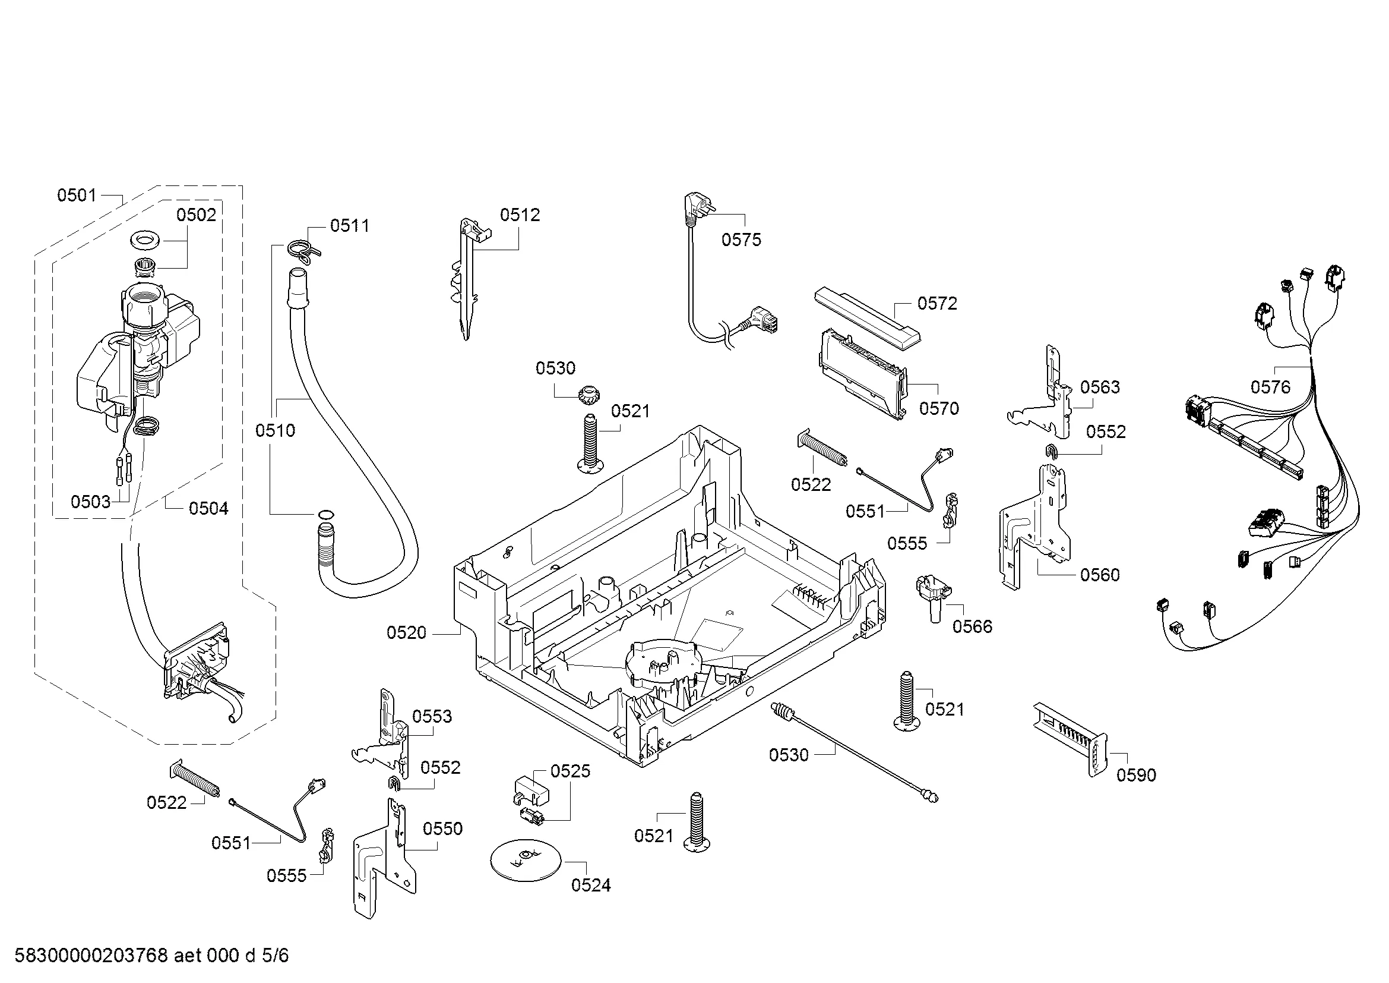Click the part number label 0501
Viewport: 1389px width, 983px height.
76,195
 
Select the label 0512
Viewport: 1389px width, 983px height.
520,215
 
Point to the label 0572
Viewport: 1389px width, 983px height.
937,303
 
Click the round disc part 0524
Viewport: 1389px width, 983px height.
525,860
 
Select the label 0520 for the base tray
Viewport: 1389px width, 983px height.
407,633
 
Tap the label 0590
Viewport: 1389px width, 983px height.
1136,775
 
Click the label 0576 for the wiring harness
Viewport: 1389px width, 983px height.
1270,387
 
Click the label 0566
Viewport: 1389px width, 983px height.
972,626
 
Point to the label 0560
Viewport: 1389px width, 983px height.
1100,575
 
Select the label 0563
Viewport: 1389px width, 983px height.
1100,387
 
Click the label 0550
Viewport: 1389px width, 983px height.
443,828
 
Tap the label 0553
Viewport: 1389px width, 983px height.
432,717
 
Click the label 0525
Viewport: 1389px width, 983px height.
570,771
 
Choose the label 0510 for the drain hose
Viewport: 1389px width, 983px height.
276,430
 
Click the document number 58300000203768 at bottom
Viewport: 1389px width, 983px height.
91,956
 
